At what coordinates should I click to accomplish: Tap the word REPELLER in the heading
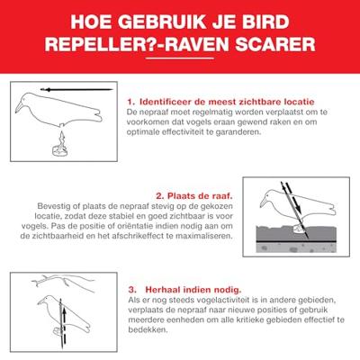click(98, 44)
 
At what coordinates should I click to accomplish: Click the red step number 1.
click(131, 102)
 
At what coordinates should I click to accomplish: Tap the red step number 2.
click(159, 194)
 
